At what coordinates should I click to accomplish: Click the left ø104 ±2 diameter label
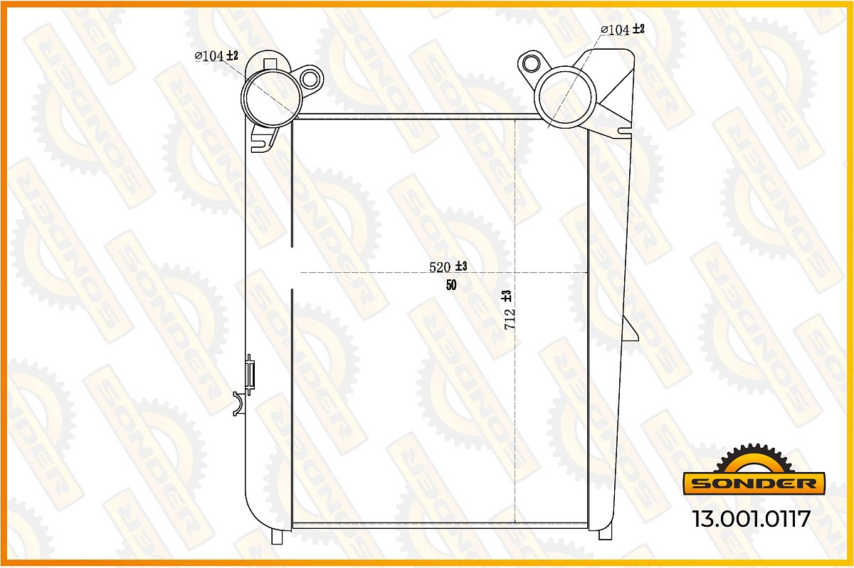coord(216,55)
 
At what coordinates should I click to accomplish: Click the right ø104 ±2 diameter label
coord(623,29)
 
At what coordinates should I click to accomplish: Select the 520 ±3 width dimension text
coord(448,267)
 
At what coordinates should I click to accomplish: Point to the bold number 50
coord(451,285)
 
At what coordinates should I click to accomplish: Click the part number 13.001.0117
coord(751,519)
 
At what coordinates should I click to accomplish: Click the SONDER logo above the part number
coord(754,483)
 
